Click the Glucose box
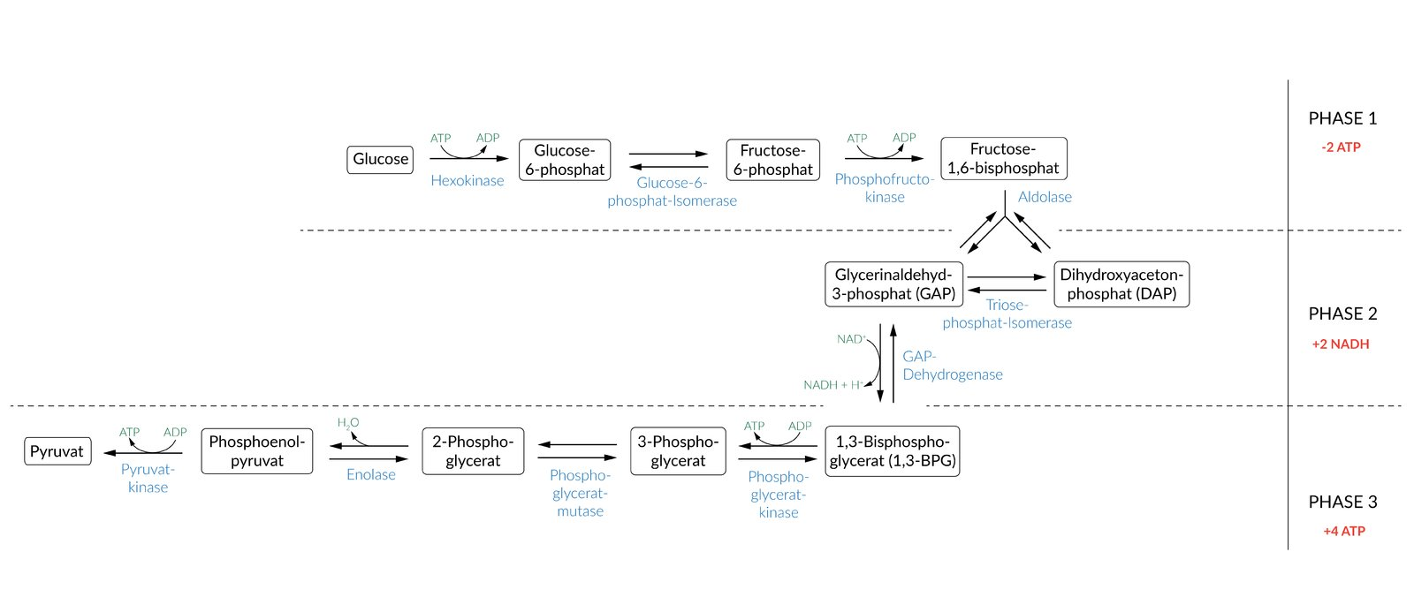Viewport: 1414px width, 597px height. [380, 160]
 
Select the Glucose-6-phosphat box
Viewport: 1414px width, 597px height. [565, 160]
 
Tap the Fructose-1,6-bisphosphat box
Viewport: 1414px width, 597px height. [1003, 159]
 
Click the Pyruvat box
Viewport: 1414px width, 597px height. [57, 451]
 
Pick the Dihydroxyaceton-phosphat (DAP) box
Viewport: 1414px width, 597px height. [1121, 284]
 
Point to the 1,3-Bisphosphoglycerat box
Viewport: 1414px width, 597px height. [892, 451]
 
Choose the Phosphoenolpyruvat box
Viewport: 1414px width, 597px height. [257, 451]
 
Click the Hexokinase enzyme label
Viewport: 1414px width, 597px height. [468, 180]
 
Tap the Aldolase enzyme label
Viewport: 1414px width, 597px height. [1045, 197]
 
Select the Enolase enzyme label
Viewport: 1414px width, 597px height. [371, 474]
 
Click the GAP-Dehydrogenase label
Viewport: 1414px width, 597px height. [952, 365]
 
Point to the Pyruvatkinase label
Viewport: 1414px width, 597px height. [148, 478]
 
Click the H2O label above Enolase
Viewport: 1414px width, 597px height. [348, 423]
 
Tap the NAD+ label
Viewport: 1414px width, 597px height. [850, 339]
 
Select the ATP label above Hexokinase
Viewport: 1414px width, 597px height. [440, 139]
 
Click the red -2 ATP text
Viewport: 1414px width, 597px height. [1341, 147]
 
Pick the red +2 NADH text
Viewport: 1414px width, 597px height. [1341, 344]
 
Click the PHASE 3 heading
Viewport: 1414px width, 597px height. [1342, 502]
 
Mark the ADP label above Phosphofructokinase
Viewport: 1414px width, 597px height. [904, 138]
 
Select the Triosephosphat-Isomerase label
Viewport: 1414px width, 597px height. [1007, 314]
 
